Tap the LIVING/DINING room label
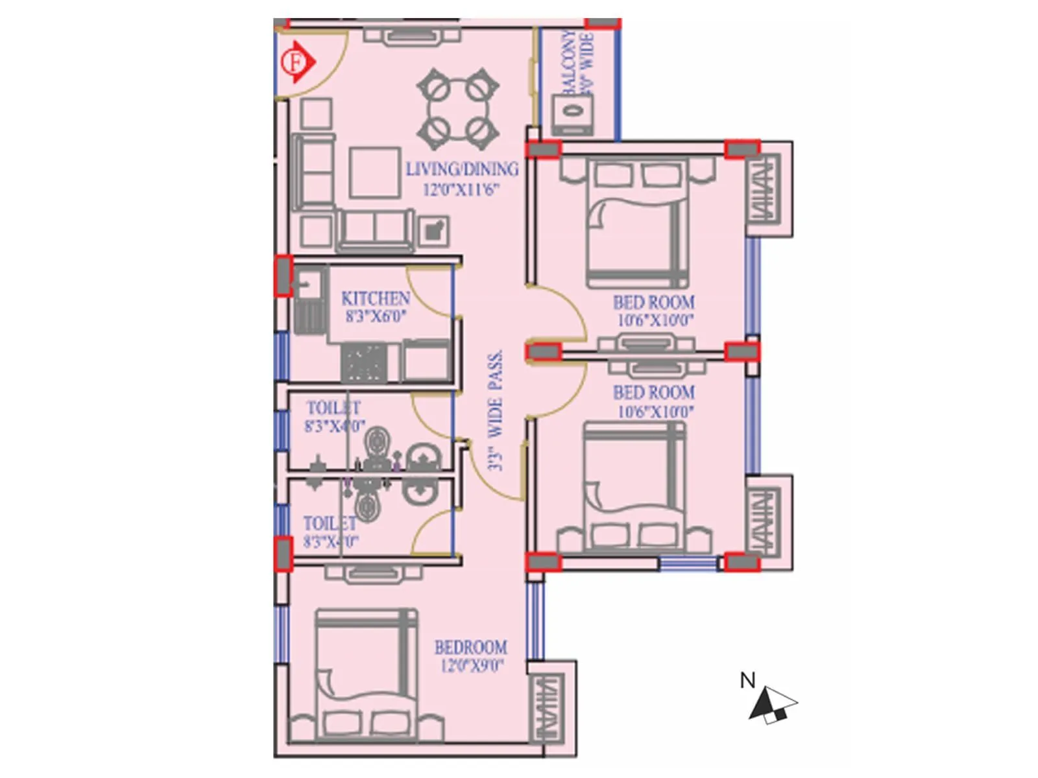pyautogui.click(x=462, y=169)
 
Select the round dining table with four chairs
pyautogui.click(x=458, y=108)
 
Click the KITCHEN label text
pyautogui.click(x=376, y=299)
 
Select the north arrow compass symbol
pyautogui.click(x=772, y=705)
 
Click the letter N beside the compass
pyautogui.click(x=747, y=680)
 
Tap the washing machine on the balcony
pyautogui.click(x=572, y=113)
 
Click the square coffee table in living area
pyautogui.click(x=374, y=172)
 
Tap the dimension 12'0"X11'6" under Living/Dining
pyautogui.click(x=461, y=190)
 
